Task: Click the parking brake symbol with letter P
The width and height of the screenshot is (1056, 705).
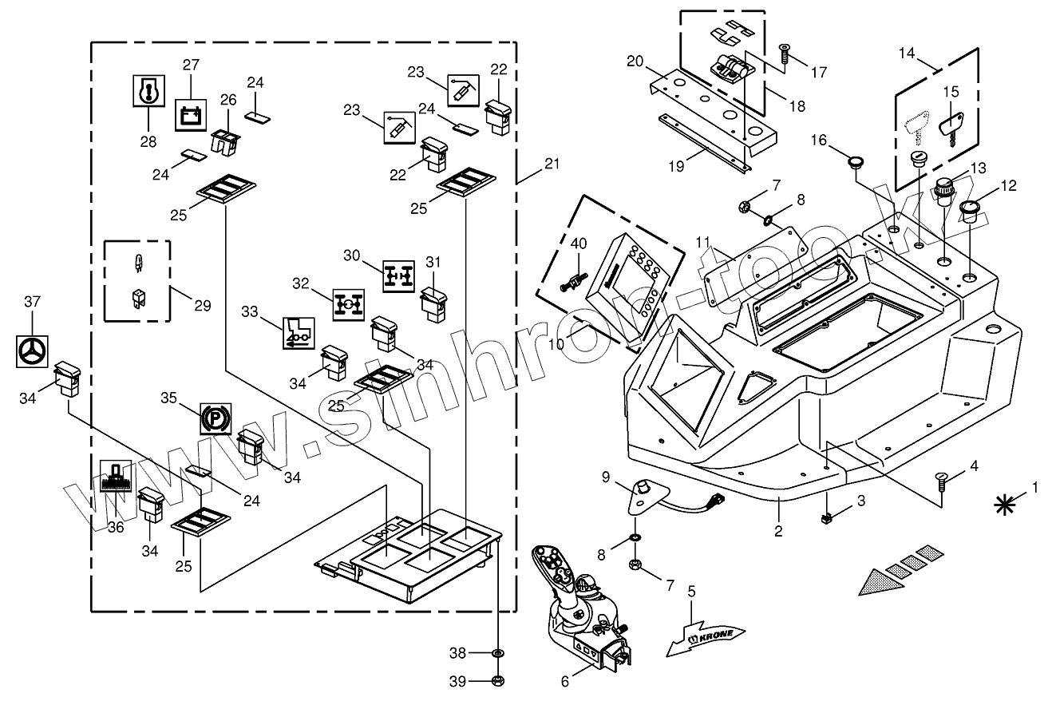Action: tap(216, 418)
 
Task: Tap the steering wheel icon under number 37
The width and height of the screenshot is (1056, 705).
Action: tap(32, 351)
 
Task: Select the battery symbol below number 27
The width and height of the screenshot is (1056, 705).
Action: tap(191, 115)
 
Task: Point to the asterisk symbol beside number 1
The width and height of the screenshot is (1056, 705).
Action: tap(1004, 505)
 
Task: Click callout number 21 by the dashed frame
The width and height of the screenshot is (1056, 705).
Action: tap(552, 164)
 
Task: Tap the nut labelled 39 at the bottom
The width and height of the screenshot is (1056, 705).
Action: tap(498, 680)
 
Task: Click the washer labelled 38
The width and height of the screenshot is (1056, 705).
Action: tap(498, 653)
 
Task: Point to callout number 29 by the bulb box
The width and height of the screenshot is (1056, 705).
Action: tap(203, 306)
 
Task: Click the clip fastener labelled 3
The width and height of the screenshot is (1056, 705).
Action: tap(825, 518)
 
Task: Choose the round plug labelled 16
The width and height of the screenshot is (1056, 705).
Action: tap(855, 163)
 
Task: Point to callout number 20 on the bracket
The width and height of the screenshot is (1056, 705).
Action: tap(635, 61)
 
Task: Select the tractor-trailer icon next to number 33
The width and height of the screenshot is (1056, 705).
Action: tap(299, 333)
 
